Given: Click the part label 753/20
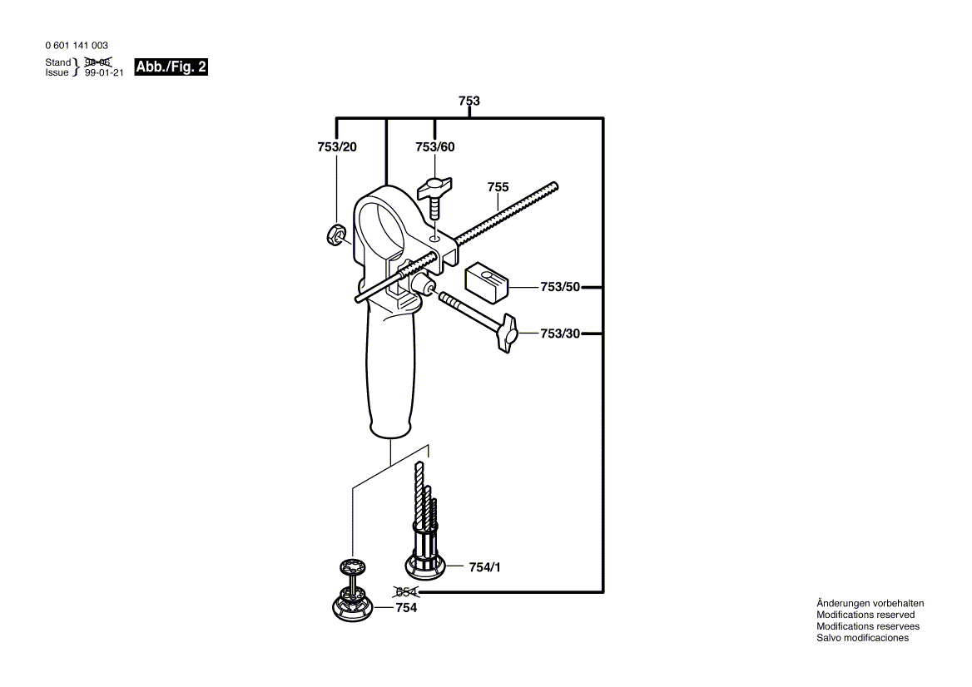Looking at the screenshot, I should click(336, 147).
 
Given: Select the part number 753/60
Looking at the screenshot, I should click(435, 147).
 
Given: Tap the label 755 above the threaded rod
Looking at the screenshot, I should click(498, 188).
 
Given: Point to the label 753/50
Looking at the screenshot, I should click(559, 287).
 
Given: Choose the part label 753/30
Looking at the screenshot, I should click(559, 334).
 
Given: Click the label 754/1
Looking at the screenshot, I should click(484, 567).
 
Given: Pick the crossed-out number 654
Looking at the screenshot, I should click(406, 592).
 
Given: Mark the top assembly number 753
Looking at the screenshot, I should click(469, 101).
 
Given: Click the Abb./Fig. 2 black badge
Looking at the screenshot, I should click(171, 67).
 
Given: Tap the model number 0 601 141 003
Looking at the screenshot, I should click(76, 46).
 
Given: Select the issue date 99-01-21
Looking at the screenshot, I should click(104, 73).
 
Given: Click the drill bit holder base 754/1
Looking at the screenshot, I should click(425, 566).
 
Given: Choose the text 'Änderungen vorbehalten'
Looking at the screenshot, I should click(870, 603).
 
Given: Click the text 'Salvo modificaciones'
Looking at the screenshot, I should click(862, 638).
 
